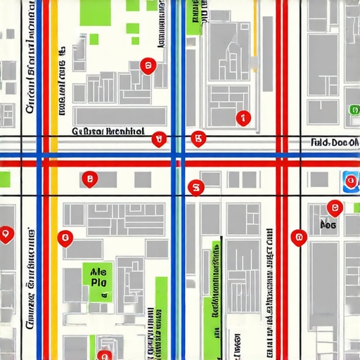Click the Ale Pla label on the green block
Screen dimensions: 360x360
pyautogui.click(x=98, y=275)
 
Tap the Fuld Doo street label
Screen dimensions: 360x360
pyautogui.click(x=334, y=142)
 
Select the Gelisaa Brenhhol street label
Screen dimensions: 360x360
pyautogui.click(x=108, y=131)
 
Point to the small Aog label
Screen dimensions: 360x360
pyautogui.click(x=328, y=225)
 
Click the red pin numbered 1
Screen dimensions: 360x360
pyautogui.click(x=243, y=118)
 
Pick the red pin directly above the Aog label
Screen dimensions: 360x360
pyautogui.click(x=335, y=207)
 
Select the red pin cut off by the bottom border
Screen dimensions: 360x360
pyautogui.click(x=104, y=355)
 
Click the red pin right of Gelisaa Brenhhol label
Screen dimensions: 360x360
pyautogui.click(x=159, y=139)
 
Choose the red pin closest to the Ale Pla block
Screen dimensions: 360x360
pyautogui.click(x=65, y=239)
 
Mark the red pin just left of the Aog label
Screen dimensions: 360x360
pyautogui.click(x=299, y=237)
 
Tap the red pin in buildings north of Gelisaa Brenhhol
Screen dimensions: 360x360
pyautogui.click(x=147, y=66)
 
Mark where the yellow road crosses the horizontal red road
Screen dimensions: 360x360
pyautogui.click(x=53, y=163)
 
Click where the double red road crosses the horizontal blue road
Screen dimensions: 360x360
pyautogui.click(x=281, y=154)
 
